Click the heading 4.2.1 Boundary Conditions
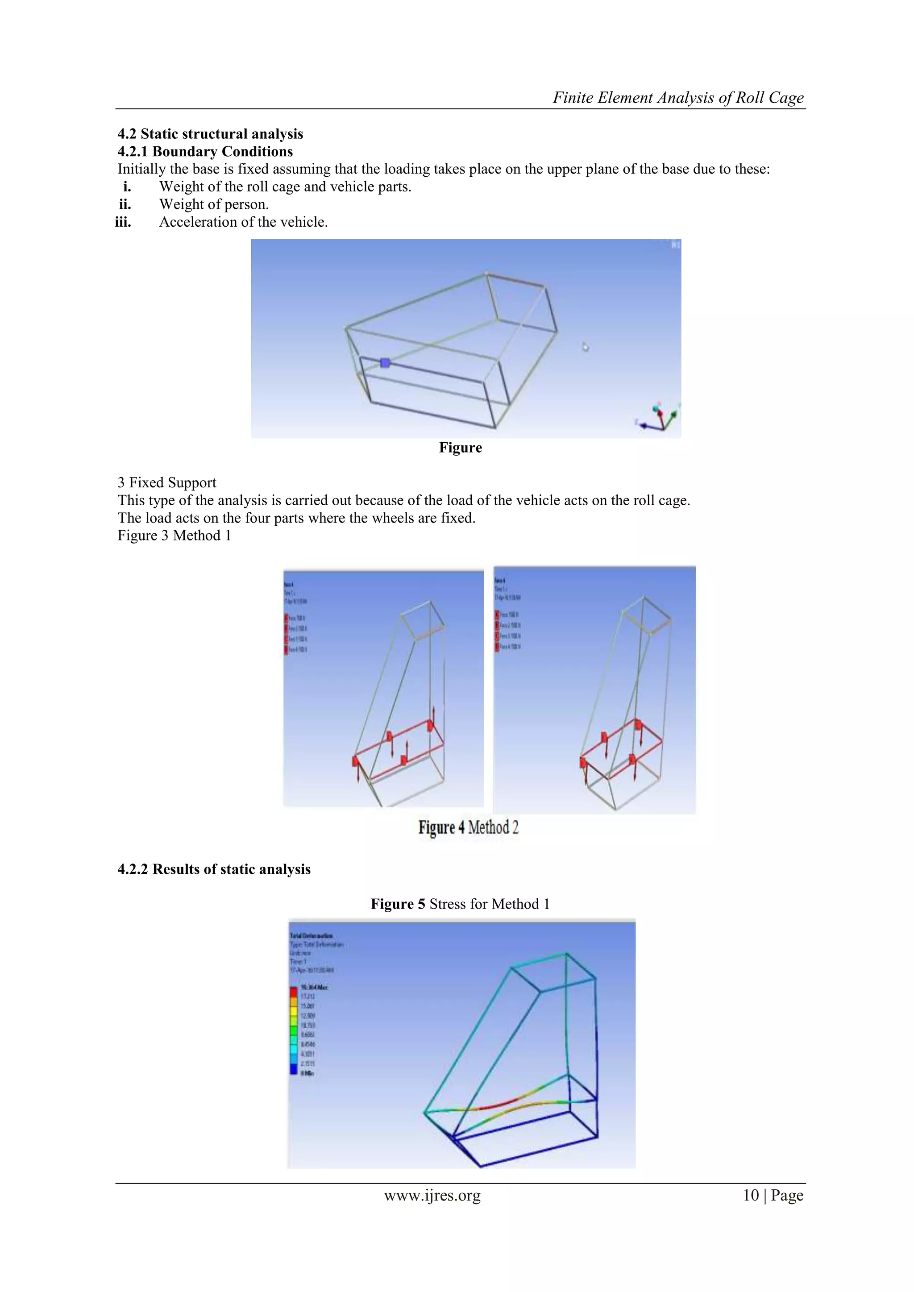click(x=205, y=151)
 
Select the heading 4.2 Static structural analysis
click(x=210, y=134)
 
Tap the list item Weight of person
click(x=213, y=204)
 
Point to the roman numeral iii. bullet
click(x=123, y=222)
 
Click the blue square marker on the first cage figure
click(x=385, y=363)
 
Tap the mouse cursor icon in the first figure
click(x=586, y=347)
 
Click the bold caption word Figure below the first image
click(x=461, y=448)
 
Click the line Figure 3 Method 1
click(x=174, y=536)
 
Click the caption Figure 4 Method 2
click(x=468, y=828)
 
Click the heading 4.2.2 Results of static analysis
click(x=214, y=869)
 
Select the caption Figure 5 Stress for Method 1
click(x=460, y=904)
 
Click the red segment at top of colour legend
click(x=293, y=991)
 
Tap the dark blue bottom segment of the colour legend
click(x=293, y=1073)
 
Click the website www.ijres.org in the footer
click(x=432, y=1195)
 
